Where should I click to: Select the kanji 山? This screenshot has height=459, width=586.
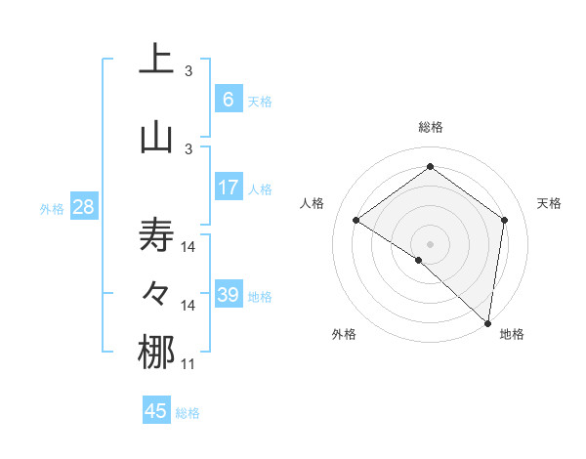coord(156,137)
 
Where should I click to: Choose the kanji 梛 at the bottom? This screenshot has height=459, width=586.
coord(156,353)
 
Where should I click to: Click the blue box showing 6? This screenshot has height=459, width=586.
coord(228,100)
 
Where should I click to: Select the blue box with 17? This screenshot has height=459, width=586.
coord(228,188)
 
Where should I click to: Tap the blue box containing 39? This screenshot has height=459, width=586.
coord(228,295)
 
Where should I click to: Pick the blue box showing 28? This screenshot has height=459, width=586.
coord(82,207)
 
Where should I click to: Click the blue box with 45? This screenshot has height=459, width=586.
coord(156,411)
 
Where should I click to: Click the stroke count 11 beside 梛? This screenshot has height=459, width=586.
coord(188,364)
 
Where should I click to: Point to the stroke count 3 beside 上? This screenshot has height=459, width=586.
coord(188,71)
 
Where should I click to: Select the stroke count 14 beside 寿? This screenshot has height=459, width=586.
coord(188,247)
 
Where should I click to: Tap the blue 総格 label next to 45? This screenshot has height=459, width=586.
coord(188,413)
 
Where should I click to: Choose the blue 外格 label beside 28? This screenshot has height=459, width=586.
coord(51,208)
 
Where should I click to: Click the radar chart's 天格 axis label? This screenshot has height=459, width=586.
coord(550,203)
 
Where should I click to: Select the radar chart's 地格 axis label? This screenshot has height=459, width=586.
coord(512,334)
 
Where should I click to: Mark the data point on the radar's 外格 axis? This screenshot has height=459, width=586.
coord(418,260)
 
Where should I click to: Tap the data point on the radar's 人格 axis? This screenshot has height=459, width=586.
coord(356,221)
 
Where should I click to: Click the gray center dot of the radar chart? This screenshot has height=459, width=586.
coord(430,242)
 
